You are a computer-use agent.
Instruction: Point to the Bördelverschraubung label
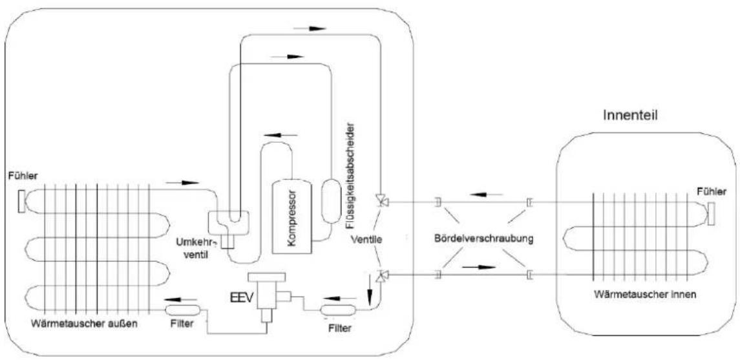pyautogui.click(x=483, y=238)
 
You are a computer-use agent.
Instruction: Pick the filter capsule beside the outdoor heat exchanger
pyautogui.click(x=182, y=310)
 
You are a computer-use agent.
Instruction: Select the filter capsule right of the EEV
pyautogui.click(x=338, y=310)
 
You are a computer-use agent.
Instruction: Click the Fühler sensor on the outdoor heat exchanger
pyautogui.click(x=21, y=201)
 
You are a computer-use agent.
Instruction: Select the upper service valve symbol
pyautogui.click(x=381, y=200)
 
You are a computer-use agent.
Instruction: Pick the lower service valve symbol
pyautogui.click(x=381, y=275)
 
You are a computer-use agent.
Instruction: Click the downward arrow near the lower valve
pyautogui.click(x=370, y=295)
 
